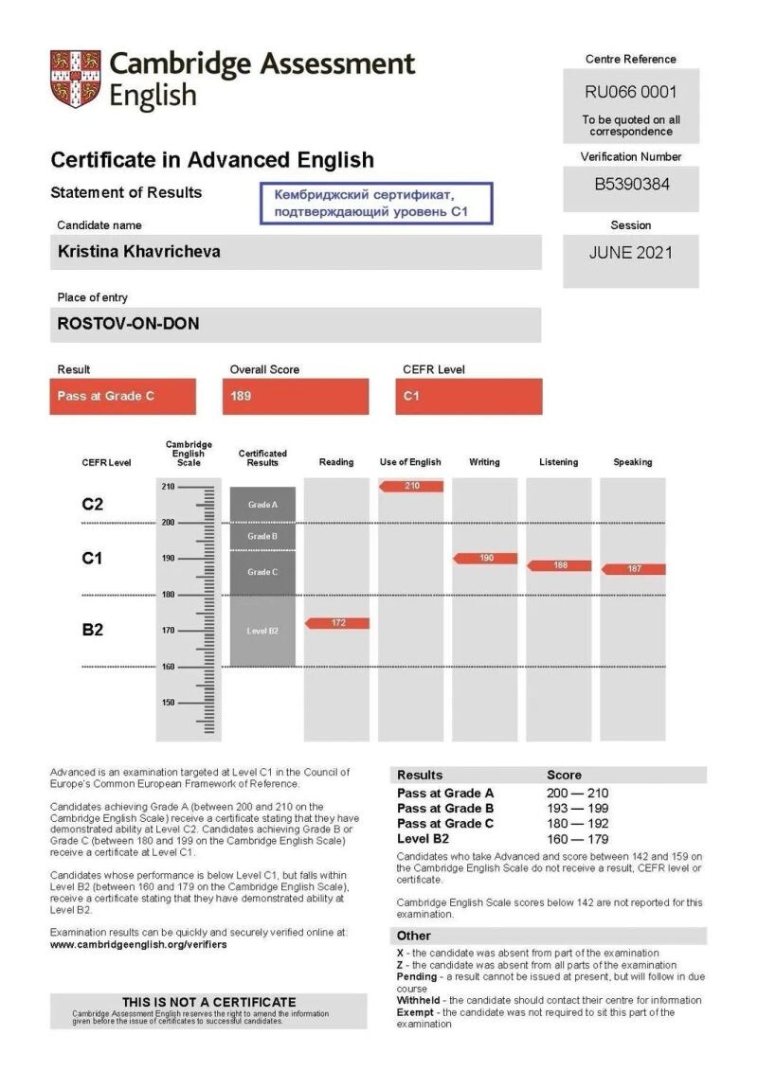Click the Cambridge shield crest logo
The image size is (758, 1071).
[75, 80]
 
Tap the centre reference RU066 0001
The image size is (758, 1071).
[630, 93]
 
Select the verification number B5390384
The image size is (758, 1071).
[631, 185]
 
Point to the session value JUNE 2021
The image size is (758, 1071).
[630, 253]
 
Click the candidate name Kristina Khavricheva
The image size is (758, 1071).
[139, 253]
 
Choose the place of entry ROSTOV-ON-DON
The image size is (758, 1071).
[129, 323]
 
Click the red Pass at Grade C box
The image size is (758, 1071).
[123, 396]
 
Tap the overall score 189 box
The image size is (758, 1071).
[296, 396]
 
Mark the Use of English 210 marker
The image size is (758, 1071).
[411, 486]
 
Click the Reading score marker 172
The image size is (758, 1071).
[337, 623]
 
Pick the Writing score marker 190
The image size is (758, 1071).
[485, 559]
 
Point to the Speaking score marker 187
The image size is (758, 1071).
[633, 569]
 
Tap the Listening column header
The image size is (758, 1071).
[558, 462]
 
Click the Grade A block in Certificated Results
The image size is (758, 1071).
[262, 505]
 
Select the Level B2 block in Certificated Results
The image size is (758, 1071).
[262, 631]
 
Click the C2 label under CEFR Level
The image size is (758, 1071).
[92, 505]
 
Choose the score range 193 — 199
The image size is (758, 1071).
[577, 808]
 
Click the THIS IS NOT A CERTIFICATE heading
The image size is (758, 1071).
[208, 1002]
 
